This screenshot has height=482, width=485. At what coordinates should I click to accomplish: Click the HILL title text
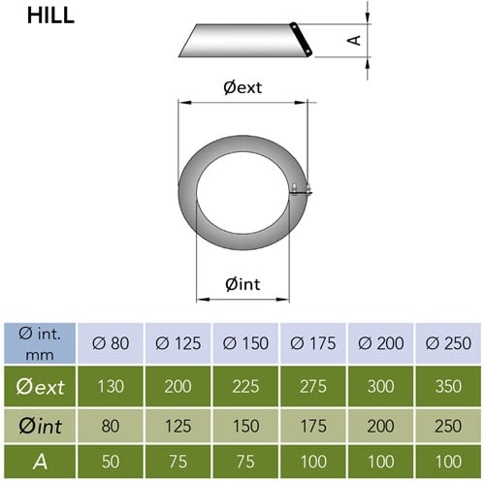click(50, 16)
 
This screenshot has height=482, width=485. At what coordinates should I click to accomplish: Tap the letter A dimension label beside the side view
click(354, 41)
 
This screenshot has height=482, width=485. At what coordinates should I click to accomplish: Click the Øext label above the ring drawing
click(242, 87)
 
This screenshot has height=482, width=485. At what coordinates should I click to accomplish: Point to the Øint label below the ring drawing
click(242, 284)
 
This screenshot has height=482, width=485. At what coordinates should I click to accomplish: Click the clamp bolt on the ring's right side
click(302, 189)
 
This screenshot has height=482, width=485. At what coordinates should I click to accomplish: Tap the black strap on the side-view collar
click(301, 40)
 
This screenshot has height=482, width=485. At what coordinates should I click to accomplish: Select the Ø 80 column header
click(111, 343)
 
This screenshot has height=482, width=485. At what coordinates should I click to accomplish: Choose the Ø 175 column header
click(313, 343)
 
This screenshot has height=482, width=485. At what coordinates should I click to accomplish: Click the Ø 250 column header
click(448, 343)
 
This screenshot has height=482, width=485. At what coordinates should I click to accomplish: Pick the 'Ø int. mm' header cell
click(40, 344)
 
